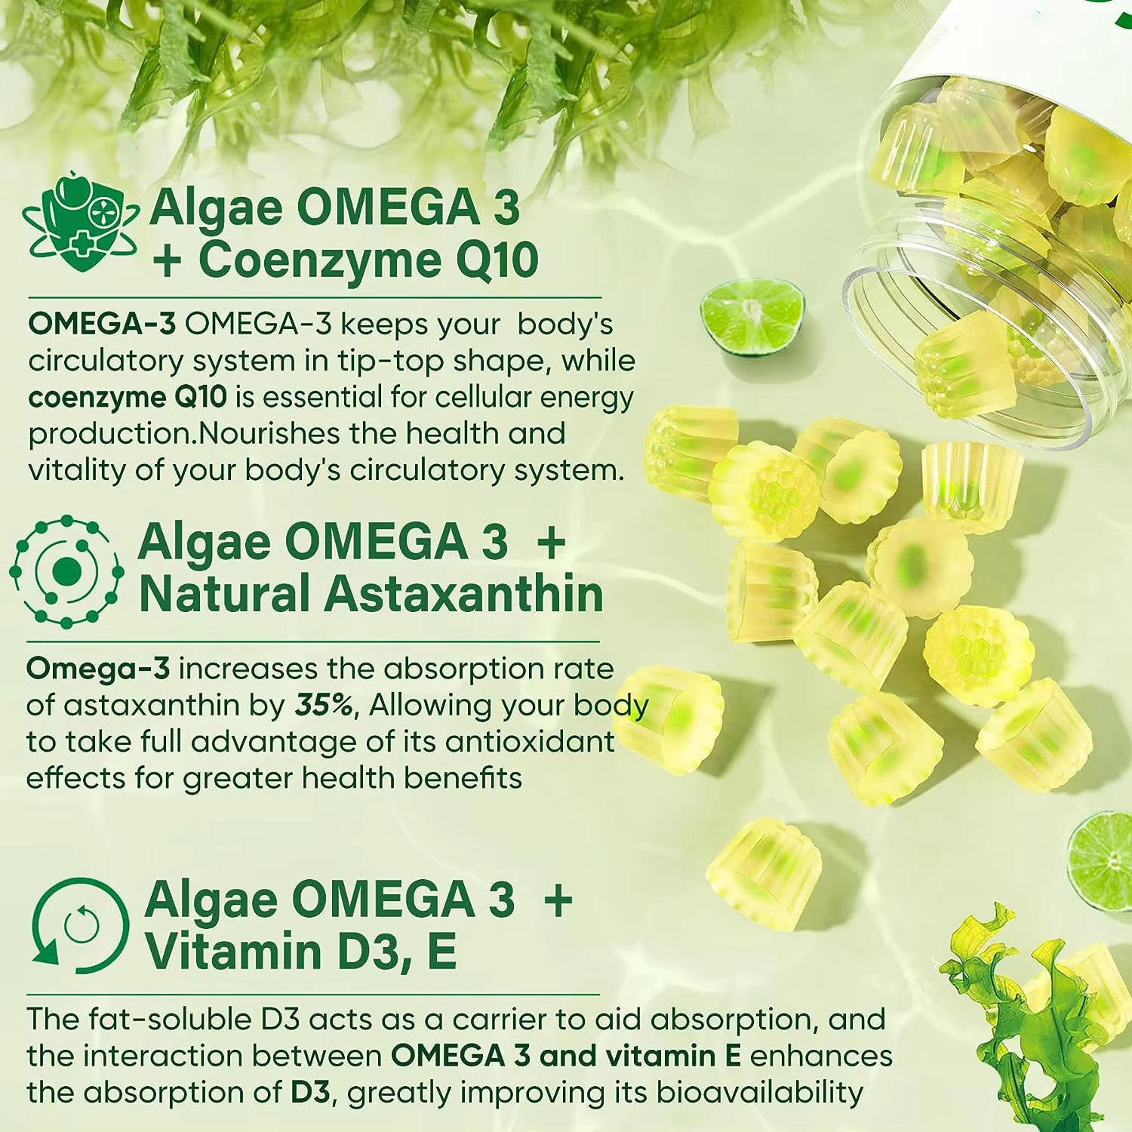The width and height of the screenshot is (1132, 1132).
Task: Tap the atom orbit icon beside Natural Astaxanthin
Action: coord(66,571)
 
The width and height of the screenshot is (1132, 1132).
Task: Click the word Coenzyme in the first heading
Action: coord(320,260)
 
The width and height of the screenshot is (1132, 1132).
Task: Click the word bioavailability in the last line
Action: coord(759,1094)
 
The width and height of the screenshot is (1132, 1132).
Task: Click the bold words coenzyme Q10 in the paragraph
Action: coord(128,398)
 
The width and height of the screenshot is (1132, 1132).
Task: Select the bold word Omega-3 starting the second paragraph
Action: coord(98,668)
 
